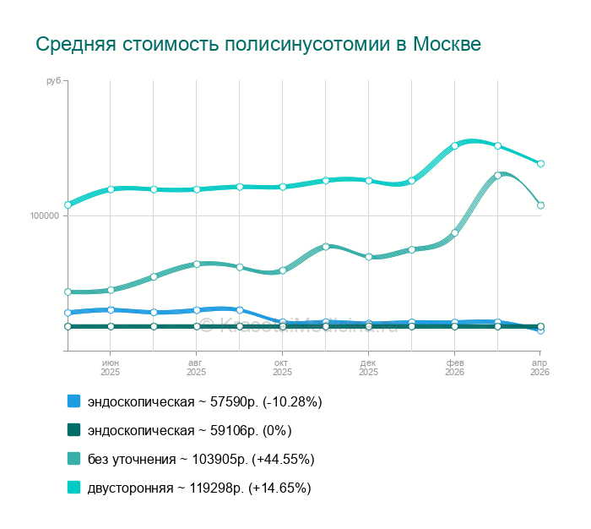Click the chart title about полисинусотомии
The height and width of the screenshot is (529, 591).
[x=258, y=44]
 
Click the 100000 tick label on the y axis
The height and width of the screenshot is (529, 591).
[x=44, y=215]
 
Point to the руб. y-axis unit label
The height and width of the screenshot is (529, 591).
[x=54, y=81]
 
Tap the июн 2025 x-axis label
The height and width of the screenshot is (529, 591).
[x=111, y=367]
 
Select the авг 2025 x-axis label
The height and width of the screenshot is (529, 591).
[x=196, y=367]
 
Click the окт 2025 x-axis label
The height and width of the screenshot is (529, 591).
[x=282, y=367]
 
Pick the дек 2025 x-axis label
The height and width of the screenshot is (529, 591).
[x=368, y=367]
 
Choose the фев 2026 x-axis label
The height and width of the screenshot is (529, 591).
[x=454, y=367]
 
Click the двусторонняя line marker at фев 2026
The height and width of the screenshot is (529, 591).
[x=454, y=145]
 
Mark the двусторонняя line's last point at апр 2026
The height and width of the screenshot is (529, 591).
[x=540, y=163]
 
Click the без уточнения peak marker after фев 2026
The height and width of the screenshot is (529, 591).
[x=497, y=176]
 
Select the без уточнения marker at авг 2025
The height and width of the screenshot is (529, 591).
[x=196, y=264]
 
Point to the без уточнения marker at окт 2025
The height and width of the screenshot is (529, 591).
[x=283, y=270]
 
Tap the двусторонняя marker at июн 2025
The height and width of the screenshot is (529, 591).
[x=111, y=189]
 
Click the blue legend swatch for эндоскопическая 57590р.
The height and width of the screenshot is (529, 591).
[x=74, y=401]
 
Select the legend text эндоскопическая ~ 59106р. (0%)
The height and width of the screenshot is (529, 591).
[x=189, y=430]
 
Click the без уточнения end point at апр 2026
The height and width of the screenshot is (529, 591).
[x=540, y=205]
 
